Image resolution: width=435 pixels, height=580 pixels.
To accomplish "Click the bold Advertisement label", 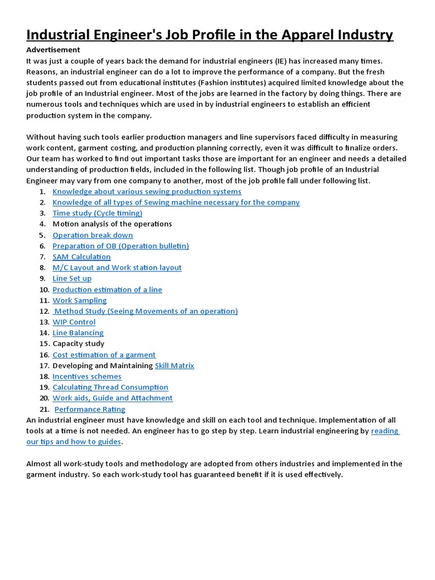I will [x=53, y=49].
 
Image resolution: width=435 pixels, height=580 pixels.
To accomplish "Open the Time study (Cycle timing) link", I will [x=97, y=213].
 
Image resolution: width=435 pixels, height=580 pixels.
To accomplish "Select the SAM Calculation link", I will [x=82, y=257].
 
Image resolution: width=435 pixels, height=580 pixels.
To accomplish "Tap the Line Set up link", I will [x=72, y=278].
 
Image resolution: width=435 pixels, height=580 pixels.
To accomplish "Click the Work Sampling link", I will [x=79, y=300].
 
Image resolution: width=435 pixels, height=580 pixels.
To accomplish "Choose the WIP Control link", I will [x=74, y=322].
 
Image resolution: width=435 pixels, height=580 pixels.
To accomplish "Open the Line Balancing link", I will [x=78, y=332].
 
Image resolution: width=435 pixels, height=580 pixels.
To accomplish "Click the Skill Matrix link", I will [x=174, y=365].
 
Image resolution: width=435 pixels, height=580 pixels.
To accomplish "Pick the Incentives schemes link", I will [x=87, y=376].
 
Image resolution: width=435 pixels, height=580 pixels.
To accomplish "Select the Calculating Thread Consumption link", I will [x=110, y=387].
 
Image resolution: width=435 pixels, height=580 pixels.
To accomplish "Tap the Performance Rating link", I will [x=89, y=409].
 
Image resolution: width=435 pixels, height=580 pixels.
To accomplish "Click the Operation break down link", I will [x=92, y=235].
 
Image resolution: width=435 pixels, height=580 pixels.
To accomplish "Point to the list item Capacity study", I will [x=78, y=343].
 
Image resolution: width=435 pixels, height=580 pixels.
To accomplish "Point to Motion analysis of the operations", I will [x=112, y=224].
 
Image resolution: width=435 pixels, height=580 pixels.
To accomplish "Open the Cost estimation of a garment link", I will [x=104, y=355].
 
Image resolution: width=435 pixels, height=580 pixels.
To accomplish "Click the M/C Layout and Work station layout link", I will [x=117, y=267].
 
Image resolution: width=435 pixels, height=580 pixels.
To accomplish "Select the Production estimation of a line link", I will [x=107, y=289].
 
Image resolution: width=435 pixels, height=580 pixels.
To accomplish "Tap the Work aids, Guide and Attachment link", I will [x=112, y=398].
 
